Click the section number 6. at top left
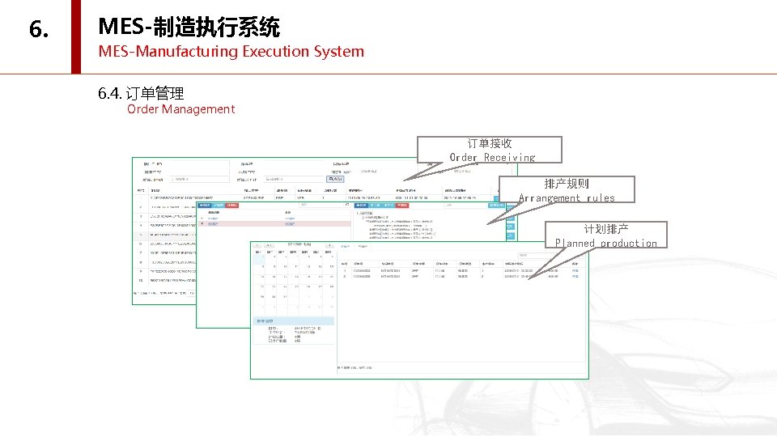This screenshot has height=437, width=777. tap(39, 30)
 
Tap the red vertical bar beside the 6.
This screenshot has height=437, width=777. tap(76, 36)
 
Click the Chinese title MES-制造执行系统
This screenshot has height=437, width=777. tap(189, 28)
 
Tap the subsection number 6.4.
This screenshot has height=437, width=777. tap(110, 94)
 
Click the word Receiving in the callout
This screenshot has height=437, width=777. tap(509, 157)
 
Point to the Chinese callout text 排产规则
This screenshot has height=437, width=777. tap(567, 184)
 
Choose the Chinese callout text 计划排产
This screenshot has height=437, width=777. tap(606, 229)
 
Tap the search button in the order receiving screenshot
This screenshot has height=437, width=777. tap(335, 179)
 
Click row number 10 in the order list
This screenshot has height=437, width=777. tap(140, 279)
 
